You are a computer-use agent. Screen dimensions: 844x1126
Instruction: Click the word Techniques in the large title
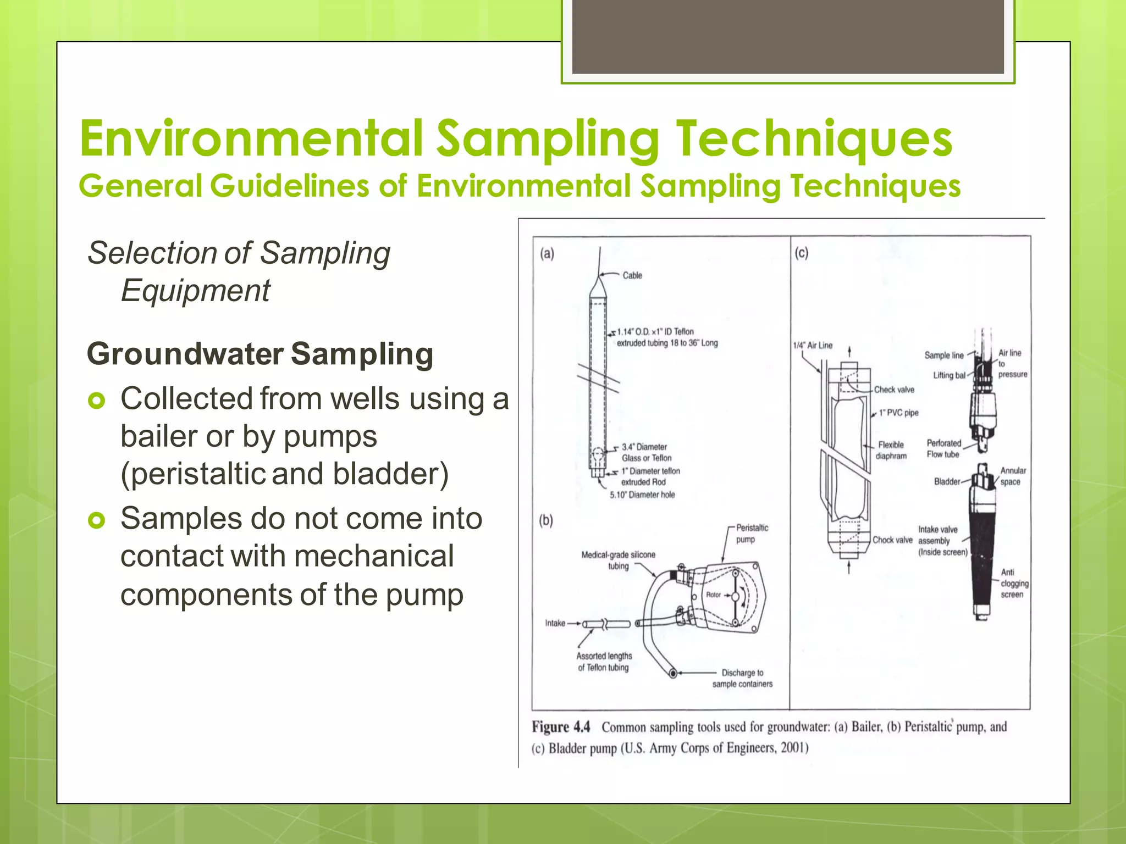pos(814,138)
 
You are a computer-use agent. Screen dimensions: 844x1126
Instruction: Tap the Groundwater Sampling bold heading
pos(260,354)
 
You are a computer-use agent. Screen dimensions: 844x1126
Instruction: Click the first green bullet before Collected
pos(96,402)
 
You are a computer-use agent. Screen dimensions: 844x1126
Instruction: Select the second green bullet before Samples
pos(96,520)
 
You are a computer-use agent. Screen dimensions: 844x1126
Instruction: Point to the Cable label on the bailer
pos(632,275)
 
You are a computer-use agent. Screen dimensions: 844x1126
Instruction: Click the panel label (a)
pos(547,254)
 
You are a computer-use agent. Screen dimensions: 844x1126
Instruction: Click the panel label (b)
pos(545,520)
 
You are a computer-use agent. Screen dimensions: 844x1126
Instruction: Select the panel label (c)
pos(801,253)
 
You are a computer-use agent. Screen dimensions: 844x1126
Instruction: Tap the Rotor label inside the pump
pos(713,595)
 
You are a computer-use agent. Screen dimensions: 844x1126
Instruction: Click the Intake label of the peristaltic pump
pos(555,623)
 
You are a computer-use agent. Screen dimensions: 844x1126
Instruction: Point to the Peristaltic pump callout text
pos(752,534)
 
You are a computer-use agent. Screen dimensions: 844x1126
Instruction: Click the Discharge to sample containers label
pos(742,678)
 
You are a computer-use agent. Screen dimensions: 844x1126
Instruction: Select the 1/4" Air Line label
pos(812,346)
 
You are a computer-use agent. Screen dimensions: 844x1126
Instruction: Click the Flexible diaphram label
pos(891,450)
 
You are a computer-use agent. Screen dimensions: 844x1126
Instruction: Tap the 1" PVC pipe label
pos(898,413)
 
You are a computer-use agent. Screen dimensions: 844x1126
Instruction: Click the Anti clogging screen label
pos(1013,584)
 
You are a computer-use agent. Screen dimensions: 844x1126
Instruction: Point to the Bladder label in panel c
pos(946,482)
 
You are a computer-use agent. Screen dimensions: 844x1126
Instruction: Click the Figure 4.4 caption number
pos(560,727)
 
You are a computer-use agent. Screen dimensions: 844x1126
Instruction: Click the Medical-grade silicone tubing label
pos(618,560)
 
